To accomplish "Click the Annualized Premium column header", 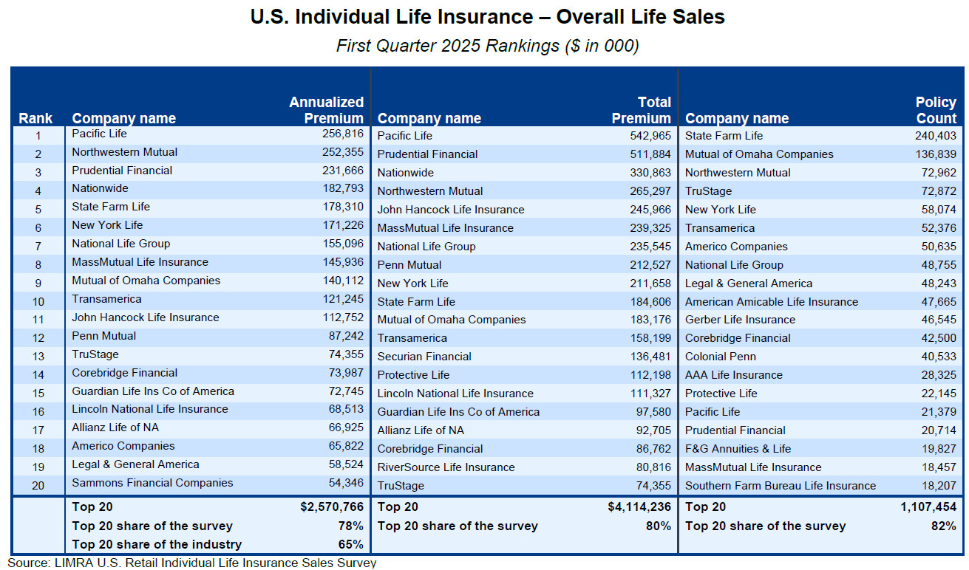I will (326, 110).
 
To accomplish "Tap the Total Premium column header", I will (641, 110).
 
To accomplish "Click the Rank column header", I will (35, 118).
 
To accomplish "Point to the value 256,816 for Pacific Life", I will (340, 134).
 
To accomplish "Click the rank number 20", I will (38, 485).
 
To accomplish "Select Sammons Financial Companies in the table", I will (152, 483).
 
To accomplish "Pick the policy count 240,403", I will (934, 136).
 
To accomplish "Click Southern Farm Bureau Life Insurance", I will (780, 486).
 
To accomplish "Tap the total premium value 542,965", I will (649, 136).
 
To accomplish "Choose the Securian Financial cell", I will (424, 357).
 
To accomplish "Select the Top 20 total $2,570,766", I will (332, 507).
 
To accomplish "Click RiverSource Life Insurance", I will (446, 467).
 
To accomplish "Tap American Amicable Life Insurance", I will (771, 302).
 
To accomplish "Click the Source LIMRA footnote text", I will (192, 563).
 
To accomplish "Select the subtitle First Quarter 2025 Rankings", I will (487, 46).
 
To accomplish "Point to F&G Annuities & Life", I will (738, 449).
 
